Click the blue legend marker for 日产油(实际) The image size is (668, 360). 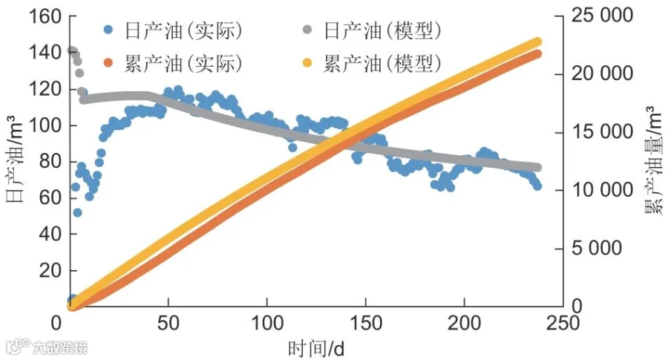tap(108, 30)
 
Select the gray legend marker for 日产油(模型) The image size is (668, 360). tap(307, 30)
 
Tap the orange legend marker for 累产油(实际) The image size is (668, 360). tap(108, 62)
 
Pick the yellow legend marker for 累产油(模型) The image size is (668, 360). tap(307, 62)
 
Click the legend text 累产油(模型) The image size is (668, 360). tap(382, 64)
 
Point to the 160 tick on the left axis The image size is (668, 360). tap(45, 16)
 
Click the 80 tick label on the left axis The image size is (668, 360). tap(50, 162)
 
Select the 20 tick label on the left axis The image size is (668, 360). tap(50, 270)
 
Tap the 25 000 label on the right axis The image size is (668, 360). tap(602, 16)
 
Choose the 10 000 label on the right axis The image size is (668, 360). tap(602, 189)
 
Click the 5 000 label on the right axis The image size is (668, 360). tap(597, 248)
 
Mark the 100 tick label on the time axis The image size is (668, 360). tap(267, 324)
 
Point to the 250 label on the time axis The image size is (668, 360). tap(563, 324)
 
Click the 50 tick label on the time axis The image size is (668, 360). tap(168, 324)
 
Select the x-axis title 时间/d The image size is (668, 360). tap(315, 349)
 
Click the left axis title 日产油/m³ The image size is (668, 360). tap(15, 159)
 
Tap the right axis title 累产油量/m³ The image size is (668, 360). tap(654, 160)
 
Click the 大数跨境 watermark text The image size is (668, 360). tap(60, 347)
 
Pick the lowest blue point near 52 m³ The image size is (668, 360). tap(77, 212)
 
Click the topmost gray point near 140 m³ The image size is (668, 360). tap(71, 50)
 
